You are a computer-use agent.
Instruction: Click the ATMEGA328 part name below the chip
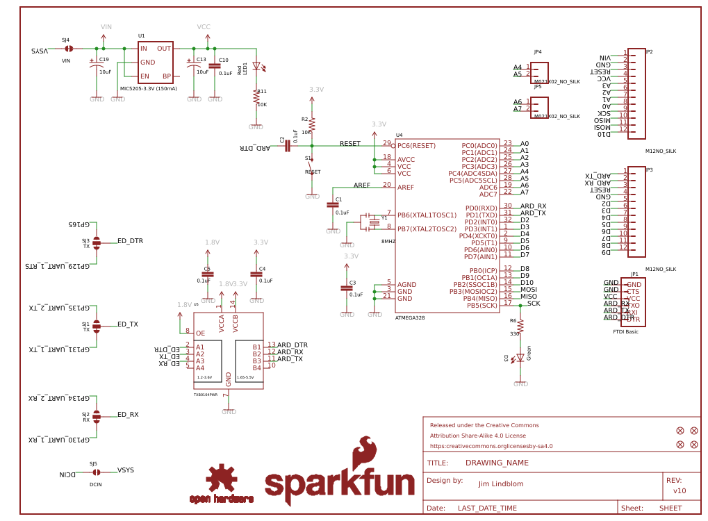point(410,317)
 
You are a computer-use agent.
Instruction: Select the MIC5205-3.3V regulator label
point(148,89)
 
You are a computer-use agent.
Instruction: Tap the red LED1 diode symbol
point(256,67)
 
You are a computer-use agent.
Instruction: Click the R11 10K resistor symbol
point(256,98)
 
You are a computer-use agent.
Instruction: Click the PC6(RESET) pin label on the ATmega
point(416,145)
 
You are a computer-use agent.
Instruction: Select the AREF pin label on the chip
point(406,187)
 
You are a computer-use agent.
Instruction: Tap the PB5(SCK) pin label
point(481,305)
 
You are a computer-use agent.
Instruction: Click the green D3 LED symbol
point(520,358)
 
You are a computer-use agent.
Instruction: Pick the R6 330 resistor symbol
point(520,326)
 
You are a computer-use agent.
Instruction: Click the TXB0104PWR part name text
point(205,395)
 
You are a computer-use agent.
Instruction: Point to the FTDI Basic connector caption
point(625,332)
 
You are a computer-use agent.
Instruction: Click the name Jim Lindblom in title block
point(502,483)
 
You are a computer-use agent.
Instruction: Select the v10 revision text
point(679,490)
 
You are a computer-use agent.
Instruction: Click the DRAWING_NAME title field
point(497,463)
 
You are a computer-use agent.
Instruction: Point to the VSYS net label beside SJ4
point(40,51)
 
